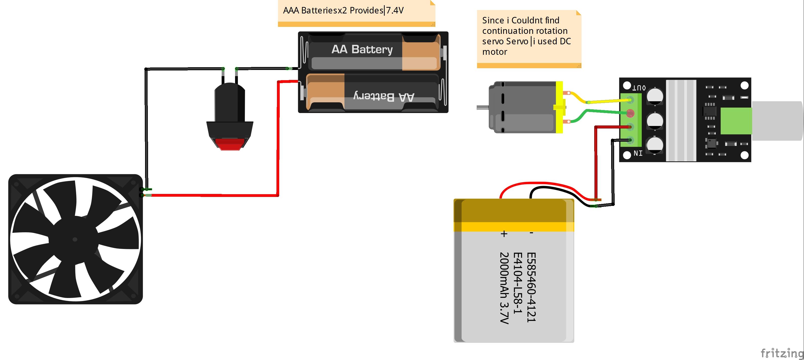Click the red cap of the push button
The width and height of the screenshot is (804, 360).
click(x=230, y=145)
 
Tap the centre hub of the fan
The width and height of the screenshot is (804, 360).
click(x=75, y=240)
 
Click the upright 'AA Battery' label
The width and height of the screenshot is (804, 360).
click(x=362, y=49)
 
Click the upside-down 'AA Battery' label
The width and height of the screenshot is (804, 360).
click(x=384, y=97)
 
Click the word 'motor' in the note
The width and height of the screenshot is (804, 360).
click(x=495, y=52)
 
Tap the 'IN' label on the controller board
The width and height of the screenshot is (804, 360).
click(x=638, y=153)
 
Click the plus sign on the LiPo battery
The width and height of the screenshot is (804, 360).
click(x=504, y=234)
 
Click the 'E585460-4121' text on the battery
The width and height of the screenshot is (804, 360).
click(x=531, y=287)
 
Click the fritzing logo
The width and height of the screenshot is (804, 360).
click(x=782, y=353)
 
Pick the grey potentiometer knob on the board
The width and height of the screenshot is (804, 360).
click(x=777, y=121)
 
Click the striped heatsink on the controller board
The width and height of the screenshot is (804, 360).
click(x=681, y=120)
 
